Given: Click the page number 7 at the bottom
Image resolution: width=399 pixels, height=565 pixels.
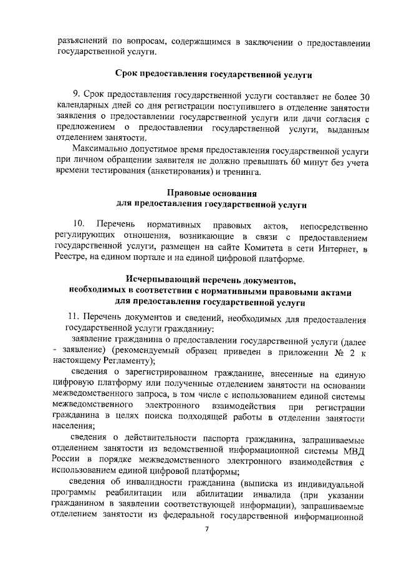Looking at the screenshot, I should pyautogui.click(x=207, y=529).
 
